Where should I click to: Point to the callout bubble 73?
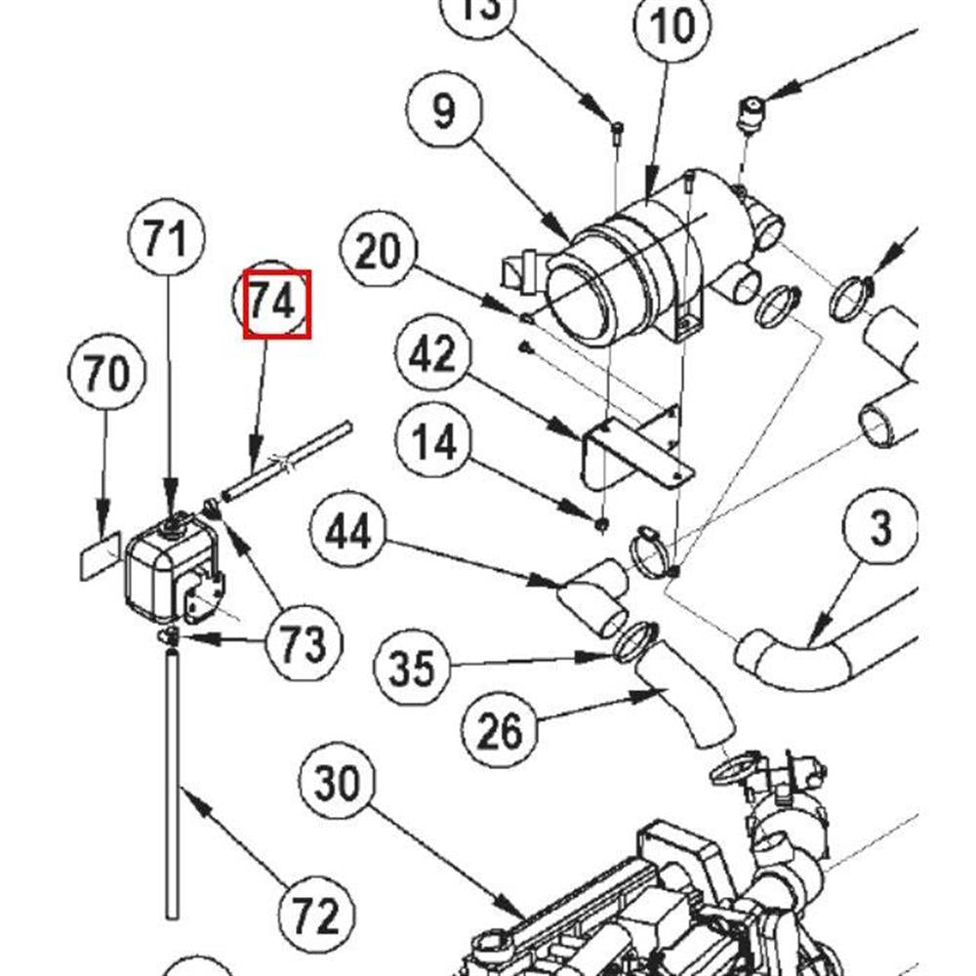click(304, 644)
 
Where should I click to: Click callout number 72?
click(316, 915)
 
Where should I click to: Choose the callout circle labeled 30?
click(338, 784)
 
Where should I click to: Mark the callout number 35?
click(411, 671)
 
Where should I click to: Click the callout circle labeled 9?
click(444, 110)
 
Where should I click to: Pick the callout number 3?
click(879, 529)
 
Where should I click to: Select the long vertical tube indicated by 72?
click(173, 781)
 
